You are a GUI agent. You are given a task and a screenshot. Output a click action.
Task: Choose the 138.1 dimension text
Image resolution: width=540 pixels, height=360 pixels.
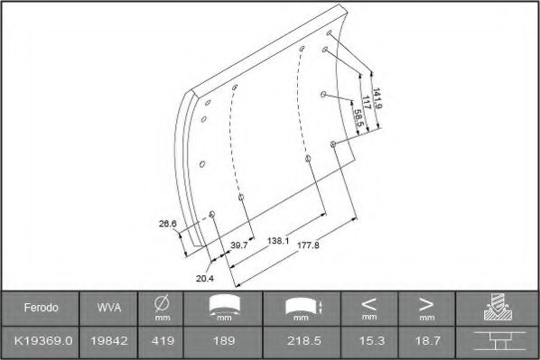(278, 241)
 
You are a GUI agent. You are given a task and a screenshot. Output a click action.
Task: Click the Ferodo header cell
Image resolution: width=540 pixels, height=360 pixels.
(41, 309)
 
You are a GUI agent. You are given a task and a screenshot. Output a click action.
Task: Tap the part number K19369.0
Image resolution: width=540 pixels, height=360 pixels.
(41, 342)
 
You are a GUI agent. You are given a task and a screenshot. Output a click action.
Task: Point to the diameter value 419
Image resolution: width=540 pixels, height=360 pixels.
(163, 342)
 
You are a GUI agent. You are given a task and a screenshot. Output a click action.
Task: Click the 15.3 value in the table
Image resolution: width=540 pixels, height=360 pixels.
(368, 342)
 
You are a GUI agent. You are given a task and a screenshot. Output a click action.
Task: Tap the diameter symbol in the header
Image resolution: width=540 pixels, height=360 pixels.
(163, 304)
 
